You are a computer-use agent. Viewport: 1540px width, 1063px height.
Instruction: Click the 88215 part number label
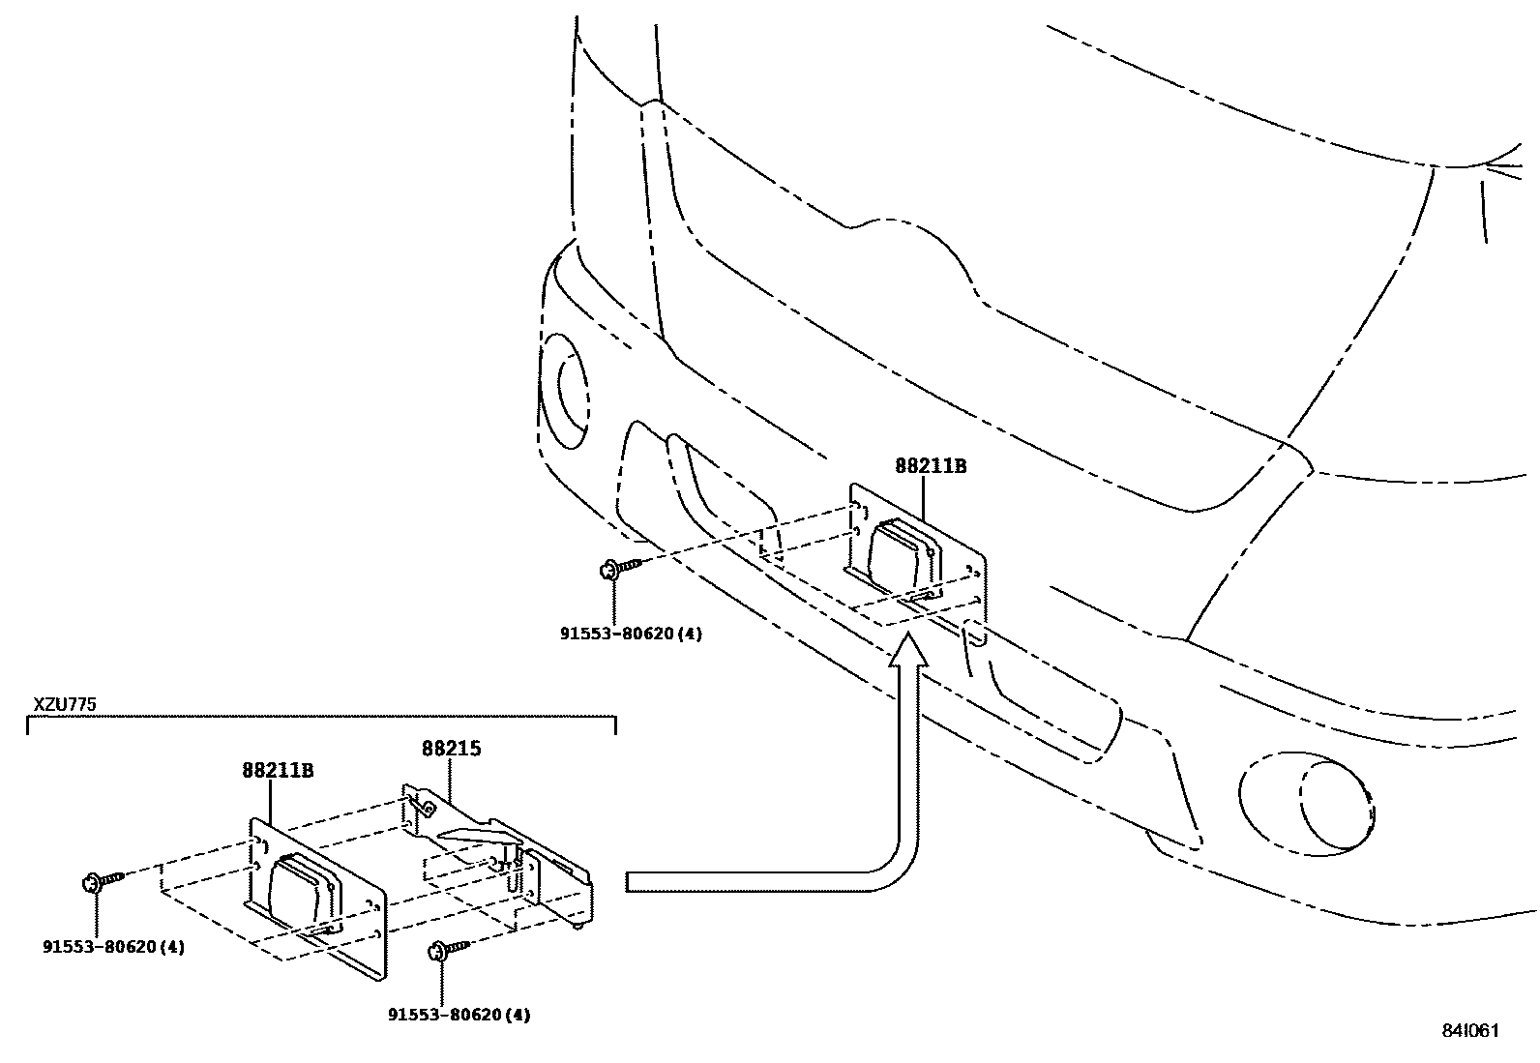pyautogui.click(x=451, y=748)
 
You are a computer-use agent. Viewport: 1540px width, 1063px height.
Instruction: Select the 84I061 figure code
pyautogui.click(x=1468, y=1030)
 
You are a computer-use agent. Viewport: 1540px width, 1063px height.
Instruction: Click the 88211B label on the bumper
pyautogui.click(x=931, y=466)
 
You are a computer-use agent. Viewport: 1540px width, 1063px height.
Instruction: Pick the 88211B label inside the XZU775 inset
pyautogui.click(x=278, y=771)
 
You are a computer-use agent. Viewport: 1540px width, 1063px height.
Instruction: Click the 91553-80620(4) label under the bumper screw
pyautogui.click(x=631, y=635)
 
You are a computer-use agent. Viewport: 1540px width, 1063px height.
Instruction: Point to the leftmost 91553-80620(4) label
pyautogui.click(x=113, y=946)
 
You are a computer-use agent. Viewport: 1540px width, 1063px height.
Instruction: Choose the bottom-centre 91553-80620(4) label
pyautogui.click(x=459, y=1015)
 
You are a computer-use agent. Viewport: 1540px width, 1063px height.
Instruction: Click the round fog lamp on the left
pyautogui.click(x=564, y=392)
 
